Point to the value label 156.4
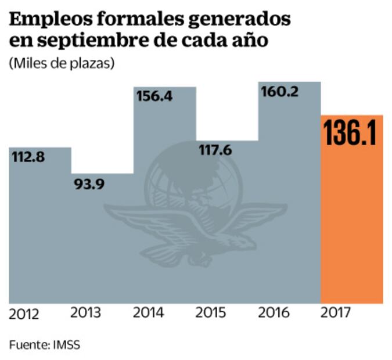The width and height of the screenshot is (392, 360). (x=154, y=97)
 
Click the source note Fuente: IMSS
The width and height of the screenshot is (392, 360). (x=45, y=344)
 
